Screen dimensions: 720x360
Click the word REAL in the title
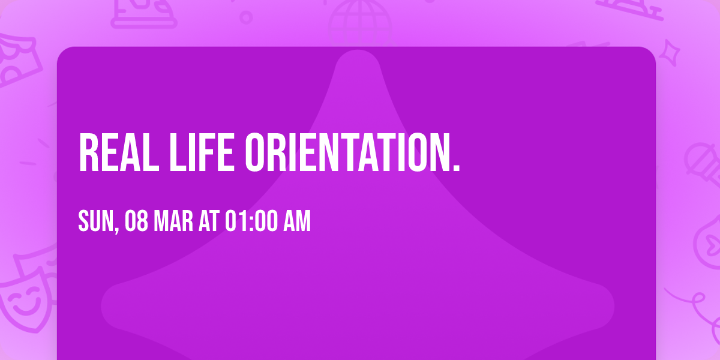tap(119, 152)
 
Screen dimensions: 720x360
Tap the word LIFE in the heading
tap(202, 152)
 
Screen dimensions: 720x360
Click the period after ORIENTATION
tap(456, 167)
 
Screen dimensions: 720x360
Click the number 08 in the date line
tap(136, 221)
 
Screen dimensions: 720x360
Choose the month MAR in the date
tap(173, 221)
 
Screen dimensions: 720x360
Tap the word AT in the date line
tap(209, 221)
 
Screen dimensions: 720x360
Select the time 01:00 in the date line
tap(251, 221)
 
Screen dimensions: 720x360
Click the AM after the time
tap(297, 221)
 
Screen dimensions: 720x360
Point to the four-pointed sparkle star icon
tap(670, 53)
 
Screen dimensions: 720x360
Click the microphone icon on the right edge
tap(703, 164)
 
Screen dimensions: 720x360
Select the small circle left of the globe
tap(246, 17)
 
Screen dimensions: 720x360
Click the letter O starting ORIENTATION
tap(255, 152)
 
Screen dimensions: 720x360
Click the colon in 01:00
tap(251, 222)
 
